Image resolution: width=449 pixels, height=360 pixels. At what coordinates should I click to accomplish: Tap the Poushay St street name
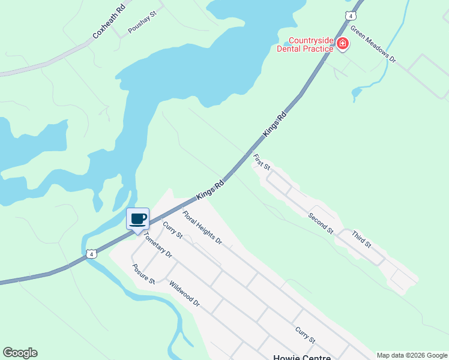click(142, 22)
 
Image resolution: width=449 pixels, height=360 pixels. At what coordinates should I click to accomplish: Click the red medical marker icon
click(342, 44)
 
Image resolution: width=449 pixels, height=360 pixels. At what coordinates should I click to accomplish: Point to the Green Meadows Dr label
click(373, 44)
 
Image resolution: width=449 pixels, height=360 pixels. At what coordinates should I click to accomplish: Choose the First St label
click(262, 161)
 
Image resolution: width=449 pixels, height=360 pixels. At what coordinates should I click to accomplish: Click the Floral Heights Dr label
click(202, 228)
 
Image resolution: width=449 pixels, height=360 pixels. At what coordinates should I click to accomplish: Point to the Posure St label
click(144, 274)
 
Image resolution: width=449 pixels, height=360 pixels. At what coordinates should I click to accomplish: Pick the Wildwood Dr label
click(184, 294)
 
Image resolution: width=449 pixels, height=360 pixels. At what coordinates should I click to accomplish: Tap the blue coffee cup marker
click(138, 219)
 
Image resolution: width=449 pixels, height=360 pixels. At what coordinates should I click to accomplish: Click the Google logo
click(20, 353)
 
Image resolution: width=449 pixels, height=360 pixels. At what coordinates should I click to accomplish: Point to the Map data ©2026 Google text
click(412, 355)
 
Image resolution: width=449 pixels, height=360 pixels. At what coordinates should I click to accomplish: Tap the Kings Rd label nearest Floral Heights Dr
click(210, 189)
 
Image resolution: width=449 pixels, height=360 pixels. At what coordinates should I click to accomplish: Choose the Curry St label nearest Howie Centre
click(305, 335)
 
